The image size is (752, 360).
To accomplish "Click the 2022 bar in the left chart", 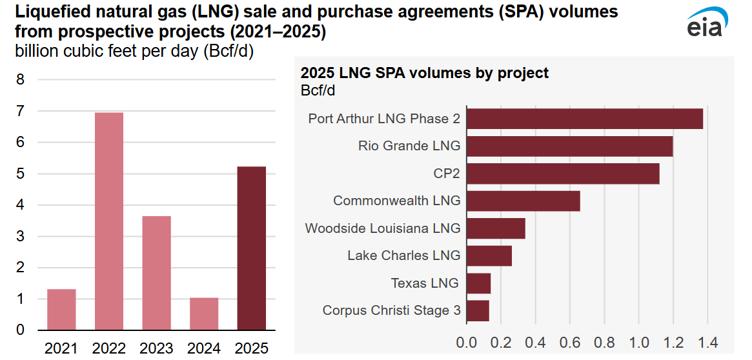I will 109,221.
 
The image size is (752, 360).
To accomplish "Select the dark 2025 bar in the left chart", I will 252,248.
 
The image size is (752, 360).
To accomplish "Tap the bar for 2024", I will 204,314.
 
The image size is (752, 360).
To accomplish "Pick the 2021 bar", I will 61,309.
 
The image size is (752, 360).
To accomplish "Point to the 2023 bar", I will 156,273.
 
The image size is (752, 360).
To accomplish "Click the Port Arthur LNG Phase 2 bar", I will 584,119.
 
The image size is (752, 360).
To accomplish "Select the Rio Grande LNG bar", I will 569,146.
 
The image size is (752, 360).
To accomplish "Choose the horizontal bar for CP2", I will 562,174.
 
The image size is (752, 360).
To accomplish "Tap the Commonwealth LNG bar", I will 523,201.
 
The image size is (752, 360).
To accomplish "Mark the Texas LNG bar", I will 478,283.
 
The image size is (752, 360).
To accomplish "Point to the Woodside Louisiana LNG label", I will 383,228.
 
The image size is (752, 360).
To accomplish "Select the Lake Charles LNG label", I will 404,255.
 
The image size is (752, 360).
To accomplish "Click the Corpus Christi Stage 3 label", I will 392,310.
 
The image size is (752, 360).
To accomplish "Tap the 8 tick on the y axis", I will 20,80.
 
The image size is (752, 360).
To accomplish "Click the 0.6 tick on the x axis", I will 569,342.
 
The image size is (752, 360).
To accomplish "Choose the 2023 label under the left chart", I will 156,348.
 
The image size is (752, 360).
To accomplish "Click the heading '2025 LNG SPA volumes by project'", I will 425,73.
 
